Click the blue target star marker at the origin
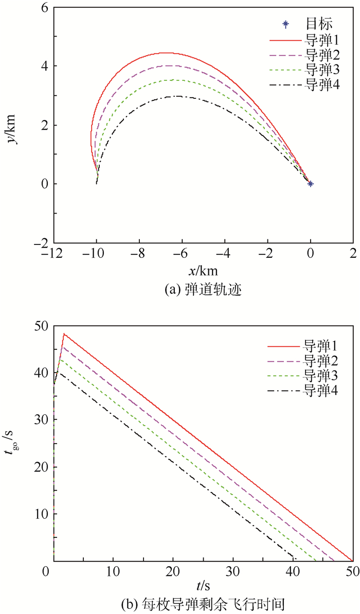(x=310, y=183)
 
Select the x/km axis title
(x=202, y=270)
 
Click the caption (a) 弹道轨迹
(x=202, y=290)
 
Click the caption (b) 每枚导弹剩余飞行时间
(x=202, y=601)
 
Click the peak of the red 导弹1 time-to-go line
(x=64, y=334)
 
